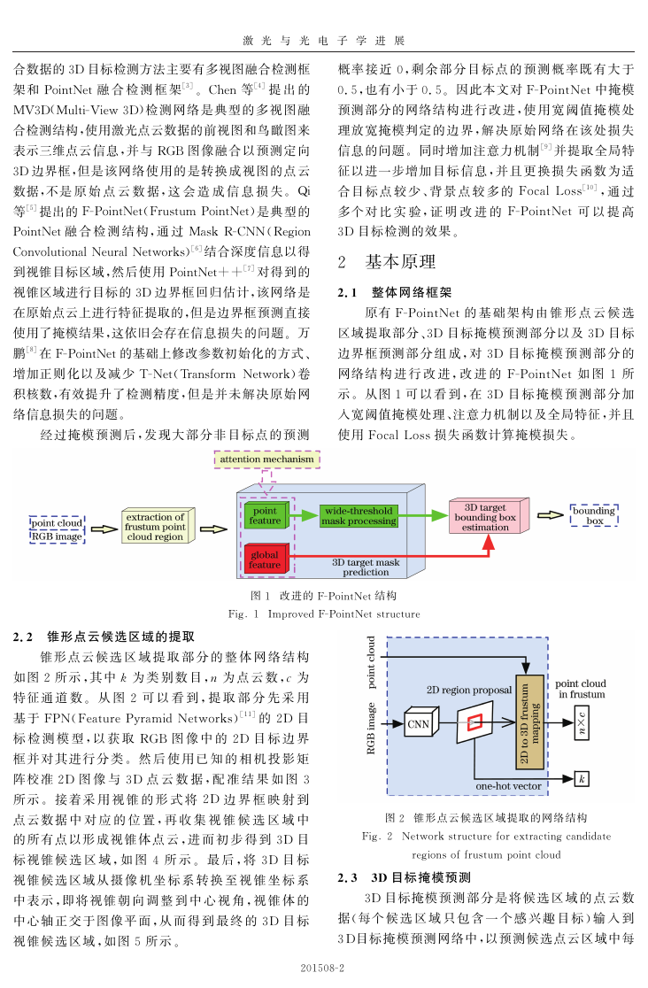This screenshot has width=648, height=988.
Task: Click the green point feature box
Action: coord(266,515)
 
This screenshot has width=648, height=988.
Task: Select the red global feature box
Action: coord(266,559)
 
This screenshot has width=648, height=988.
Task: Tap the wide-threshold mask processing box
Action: coord(359,516)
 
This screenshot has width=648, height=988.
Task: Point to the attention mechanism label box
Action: coord(266,459)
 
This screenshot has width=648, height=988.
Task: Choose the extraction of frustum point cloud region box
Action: coord(157,526)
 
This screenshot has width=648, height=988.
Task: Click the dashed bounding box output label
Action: coord(594,515)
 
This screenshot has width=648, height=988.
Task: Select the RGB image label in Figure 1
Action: coord(57,536)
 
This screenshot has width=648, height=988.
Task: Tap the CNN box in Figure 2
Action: coord(420,724)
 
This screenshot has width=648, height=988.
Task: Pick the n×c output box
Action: coord(582,722)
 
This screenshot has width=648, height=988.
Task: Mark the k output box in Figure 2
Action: coord(582,779)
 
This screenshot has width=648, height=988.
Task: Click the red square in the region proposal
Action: coord(474,722)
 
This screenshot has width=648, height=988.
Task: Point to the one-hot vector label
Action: coord(508,786)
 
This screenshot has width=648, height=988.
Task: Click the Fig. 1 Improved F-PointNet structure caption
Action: coord(324,614)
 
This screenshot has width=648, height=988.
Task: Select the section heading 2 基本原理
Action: coord(386,262)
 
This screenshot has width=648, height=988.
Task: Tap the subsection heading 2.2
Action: coord(104,637)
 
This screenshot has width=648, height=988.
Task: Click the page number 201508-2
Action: coord(322,968)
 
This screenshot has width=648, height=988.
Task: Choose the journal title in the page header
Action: coord(324,41)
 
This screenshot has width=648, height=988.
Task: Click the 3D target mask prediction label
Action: coord(366,567)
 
